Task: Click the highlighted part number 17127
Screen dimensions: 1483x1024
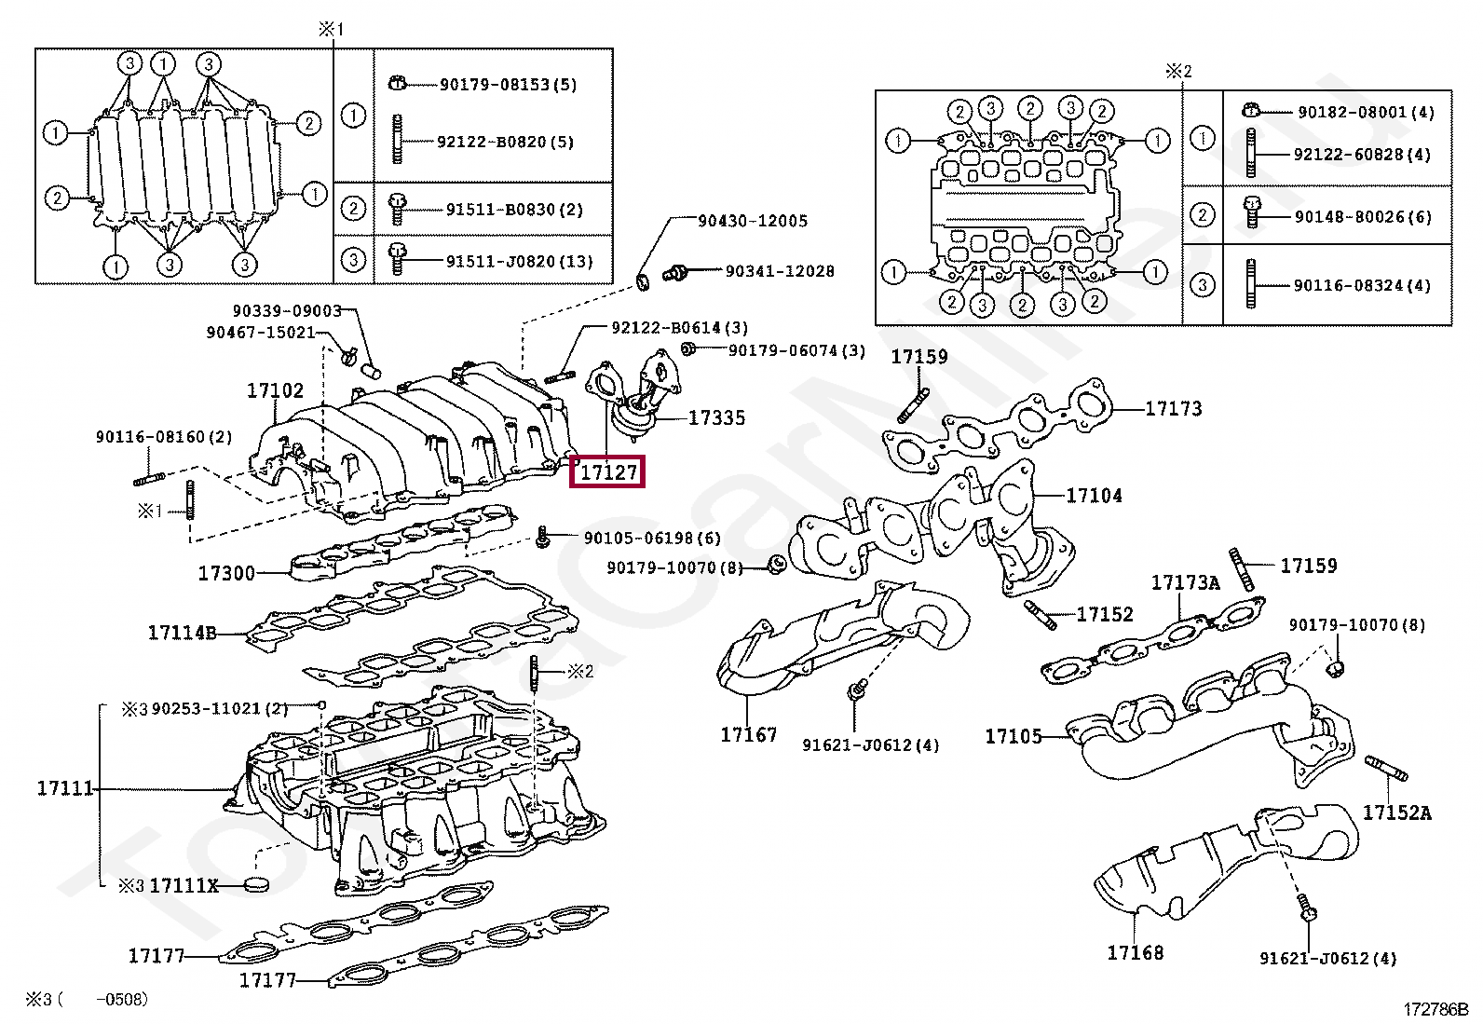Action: tap(607, 472)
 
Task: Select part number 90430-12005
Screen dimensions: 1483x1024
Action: tap(753, 221)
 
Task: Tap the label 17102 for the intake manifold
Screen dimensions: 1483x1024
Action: tap(275, 390)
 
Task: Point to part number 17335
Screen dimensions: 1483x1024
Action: tap(716, 417)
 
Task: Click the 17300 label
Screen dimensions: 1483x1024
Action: tap(226, 573)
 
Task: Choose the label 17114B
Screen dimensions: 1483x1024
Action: tap(182, 633)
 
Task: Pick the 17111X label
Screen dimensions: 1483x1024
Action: tap(184, 885)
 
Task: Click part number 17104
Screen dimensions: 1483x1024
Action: tap(1094, 496)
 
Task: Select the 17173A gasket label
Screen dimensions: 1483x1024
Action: tap(1185, 582)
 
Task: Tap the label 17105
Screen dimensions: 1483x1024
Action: tap(1013, 736)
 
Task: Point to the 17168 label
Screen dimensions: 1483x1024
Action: tap(1136, 952)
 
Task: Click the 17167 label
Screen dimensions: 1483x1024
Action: tap(748, 734)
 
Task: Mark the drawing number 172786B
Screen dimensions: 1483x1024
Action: tap(1435, 1009)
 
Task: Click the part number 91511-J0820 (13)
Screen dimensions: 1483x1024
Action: tap(520, 262)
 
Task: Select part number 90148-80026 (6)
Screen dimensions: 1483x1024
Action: tap(1363, 216)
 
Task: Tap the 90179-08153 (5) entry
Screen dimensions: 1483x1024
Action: tap(509, 85)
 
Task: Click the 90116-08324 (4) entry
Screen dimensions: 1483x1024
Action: tap(1363, 285)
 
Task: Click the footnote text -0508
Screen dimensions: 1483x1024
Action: tap(122, 999)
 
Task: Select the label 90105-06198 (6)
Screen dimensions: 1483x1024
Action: tap(652, 538)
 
